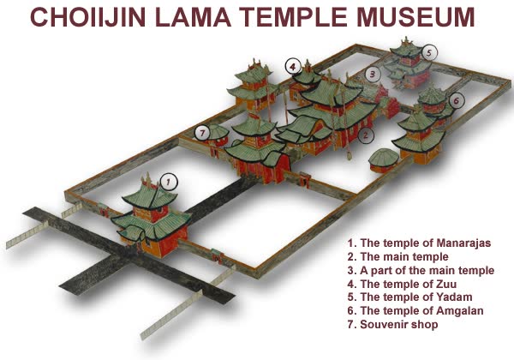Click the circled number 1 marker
[x=169, y=182]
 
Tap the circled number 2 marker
[x=366, y=135]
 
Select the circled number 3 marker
[x=373, y=74]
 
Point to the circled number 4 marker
[x=293, y=67]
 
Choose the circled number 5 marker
[x=429, y=52]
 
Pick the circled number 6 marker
[x=457, y=100]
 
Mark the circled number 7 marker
[x=202, y=133]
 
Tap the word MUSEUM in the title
[x=415, y=17]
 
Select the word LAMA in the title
[x=194, y=17]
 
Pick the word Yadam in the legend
[x=454, y=297]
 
